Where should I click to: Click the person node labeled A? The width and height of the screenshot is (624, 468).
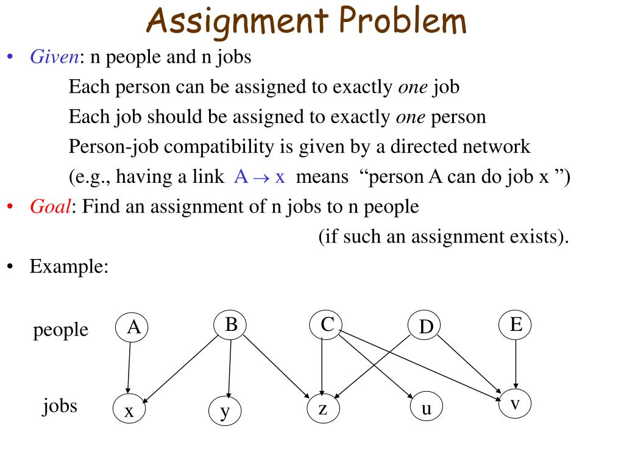coord(133,328)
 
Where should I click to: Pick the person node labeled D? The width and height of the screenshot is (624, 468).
coord(425,327)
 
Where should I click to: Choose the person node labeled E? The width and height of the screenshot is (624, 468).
coord(516,324)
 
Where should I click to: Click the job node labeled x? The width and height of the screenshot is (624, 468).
coord(130,409)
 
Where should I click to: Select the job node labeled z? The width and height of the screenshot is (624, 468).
coord(323,408)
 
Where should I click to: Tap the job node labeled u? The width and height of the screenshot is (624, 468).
coord(426,408)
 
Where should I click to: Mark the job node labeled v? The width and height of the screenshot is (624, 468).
coord(515,404)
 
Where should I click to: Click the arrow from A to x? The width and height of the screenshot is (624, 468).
coord(129,369)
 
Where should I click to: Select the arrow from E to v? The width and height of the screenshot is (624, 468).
coord(516,364)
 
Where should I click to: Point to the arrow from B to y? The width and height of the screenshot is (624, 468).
coord(229,369)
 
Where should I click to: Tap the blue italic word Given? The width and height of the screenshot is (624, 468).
coord(54,57)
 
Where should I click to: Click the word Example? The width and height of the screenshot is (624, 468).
coord(69,266)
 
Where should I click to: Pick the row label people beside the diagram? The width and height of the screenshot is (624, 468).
coord(60,330)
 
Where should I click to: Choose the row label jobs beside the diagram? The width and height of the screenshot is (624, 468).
coord(60,405)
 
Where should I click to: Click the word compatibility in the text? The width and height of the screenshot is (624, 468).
coord(235,147)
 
